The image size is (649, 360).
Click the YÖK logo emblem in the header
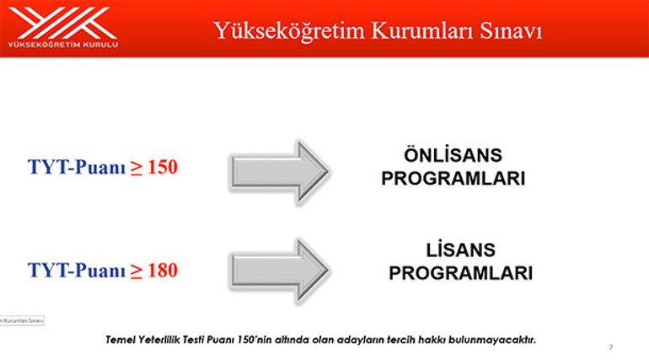(x=63, y=22)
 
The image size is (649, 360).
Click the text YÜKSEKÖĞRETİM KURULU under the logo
(x=63, y=44)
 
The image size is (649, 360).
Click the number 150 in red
(x=162, y=167)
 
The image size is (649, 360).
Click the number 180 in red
(x=162, y=271)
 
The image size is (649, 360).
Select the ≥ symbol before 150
(x=136, y=167)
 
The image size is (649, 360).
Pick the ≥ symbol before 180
(x=136, y=271)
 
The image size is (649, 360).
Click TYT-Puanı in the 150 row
(x=77, y=167)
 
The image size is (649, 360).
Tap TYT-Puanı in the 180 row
(x=77, y=271)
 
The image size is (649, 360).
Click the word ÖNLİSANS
(x=453, y=155)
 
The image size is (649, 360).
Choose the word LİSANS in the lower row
(x=461, y=250)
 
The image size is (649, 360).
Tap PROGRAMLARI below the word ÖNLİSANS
(x=453, y=179)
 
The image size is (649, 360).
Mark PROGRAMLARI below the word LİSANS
(x=461, y=274)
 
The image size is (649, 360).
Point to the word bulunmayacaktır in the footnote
(x=497, y=340)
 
